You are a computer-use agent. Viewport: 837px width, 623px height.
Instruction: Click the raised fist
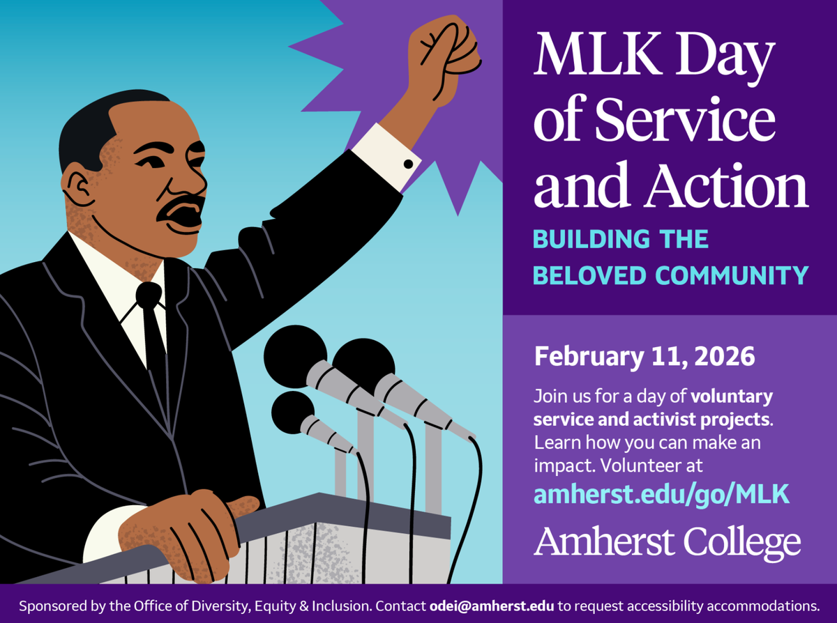(x=446, y=59)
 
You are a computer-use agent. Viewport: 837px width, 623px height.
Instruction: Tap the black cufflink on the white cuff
(x=408, y=163)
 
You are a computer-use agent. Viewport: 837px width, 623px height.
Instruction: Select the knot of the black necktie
(x=149, y=295)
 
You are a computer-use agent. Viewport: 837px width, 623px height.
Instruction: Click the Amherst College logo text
(x=668, y=541)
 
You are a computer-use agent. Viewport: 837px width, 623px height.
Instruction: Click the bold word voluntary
(x=732, y=397)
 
